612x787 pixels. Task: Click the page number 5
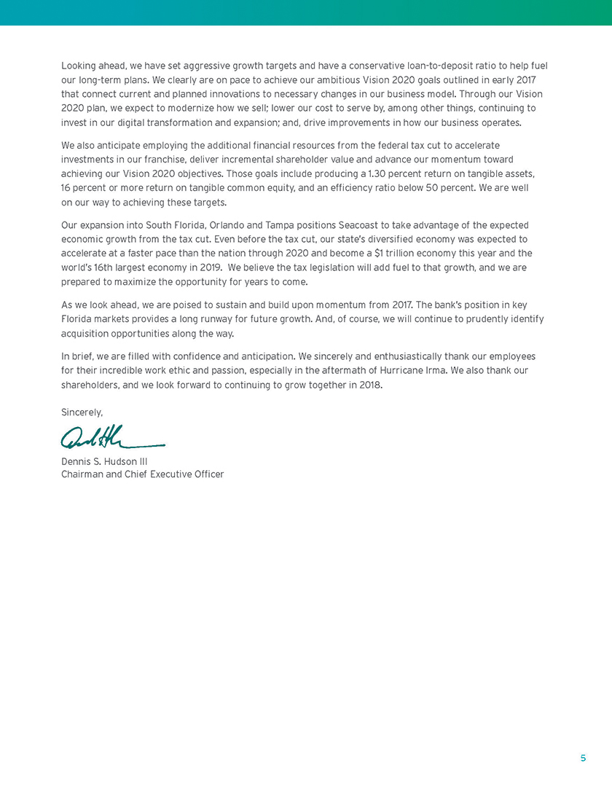tap(583, 758)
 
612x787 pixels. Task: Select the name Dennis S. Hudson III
tap(105, 461)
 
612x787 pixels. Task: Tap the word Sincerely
tap(82, 412)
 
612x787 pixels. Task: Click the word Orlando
tap(209, 225)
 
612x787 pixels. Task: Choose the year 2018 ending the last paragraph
tap(370, 385)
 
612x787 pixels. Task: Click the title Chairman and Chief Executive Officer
tap(143, 474)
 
